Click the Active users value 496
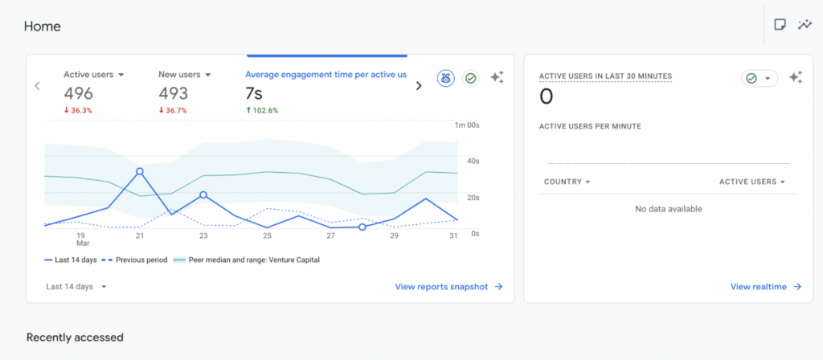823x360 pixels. tap(78, 93)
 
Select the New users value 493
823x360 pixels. tap(174, 93)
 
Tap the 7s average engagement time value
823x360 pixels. tap(253, 93)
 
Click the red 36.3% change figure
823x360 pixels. tap(78, 111)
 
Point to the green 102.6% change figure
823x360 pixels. tap(262, 111)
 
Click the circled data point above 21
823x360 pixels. tap(140, 171)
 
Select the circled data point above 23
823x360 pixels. tap(203, 194)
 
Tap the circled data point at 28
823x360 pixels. tap(362, 227)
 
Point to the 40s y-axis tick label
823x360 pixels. tap(474, 161)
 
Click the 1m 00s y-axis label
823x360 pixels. tap(467, 125)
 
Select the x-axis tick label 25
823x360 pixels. tap(267, 236)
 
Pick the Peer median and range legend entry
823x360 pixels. tap(246, 260)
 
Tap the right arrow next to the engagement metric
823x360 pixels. tap(419, 86)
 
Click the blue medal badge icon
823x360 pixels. tap(445, 78)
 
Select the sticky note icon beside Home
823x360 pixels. tap(780, 25)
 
